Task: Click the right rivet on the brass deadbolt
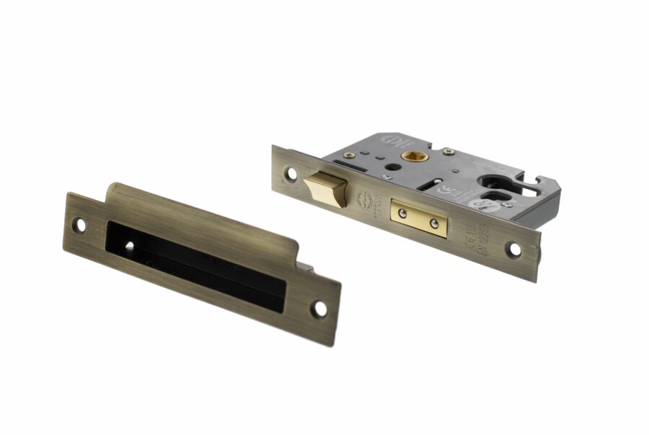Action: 433,224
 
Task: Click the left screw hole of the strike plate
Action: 81,225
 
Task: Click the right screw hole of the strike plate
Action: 319,308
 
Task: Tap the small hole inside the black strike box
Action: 129,246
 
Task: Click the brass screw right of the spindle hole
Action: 449,151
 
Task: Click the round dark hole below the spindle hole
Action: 390,170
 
